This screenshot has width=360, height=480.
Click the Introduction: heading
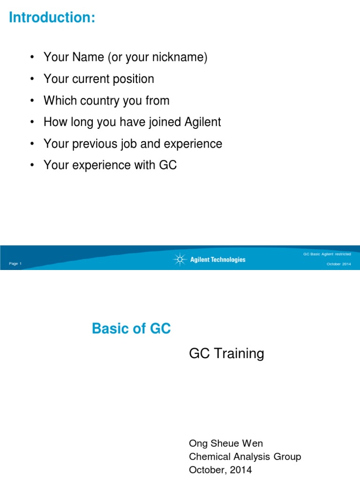pos(52,18)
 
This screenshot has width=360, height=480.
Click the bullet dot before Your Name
pos(31,58)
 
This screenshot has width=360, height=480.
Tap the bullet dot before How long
pos(31,123)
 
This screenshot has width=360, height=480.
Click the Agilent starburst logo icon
pos(180,259)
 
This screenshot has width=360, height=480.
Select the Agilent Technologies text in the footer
pos(217,260)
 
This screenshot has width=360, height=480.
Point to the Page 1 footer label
pos(15,264)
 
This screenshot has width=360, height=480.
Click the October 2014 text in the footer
pos(338,264)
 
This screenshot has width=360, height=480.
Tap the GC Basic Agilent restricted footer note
pos(327,254)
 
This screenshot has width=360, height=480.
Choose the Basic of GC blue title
pos(131,329)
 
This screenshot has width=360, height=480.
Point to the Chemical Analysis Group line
pos(245,457)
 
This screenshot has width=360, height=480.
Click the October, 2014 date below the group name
pos(220,470)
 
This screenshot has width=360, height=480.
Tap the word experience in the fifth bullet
pos(195,144)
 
